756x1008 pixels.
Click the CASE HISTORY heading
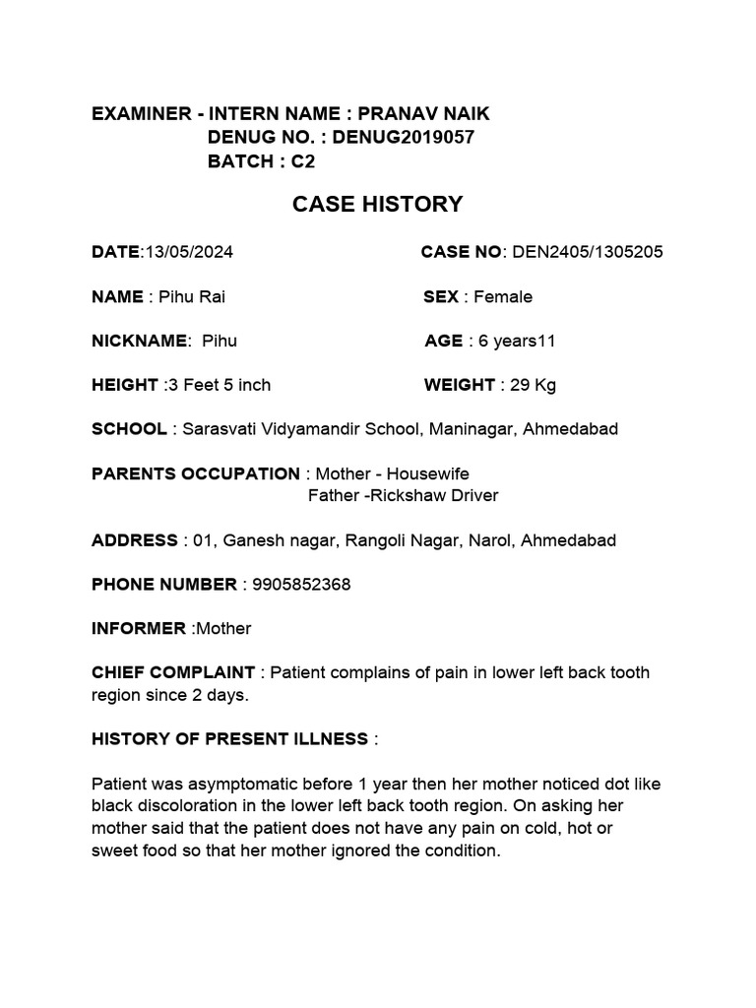tap(377, 205)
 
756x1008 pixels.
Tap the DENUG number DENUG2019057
tap(403, 138)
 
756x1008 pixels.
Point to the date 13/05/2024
tap(188, 252)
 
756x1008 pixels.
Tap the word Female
tap(503, 296)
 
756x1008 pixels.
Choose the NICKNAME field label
tap(139, 341)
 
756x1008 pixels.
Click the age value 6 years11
tap(517, 341)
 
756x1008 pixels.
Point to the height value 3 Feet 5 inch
tap(220, 385)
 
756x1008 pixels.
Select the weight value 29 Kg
tap(534, 385)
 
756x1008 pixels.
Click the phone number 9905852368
tap(301, 585)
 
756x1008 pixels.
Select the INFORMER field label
tap(139, 628)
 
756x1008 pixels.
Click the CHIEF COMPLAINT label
tap(173, 672)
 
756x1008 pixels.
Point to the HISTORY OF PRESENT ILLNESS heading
tap(230, 738)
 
